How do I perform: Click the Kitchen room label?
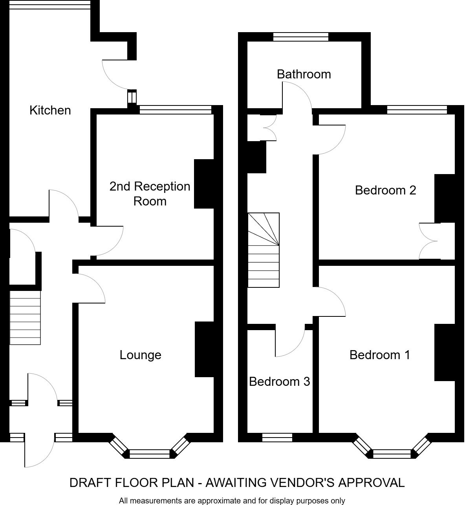point(50,110)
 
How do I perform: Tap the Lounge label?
point(140,355)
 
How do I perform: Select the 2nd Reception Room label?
point(150,194)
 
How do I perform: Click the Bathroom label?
point(304,74)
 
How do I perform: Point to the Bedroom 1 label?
point(379,355)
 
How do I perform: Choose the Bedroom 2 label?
point(385,190)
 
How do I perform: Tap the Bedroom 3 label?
point(279,381)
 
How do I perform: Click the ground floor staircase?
point(25,318)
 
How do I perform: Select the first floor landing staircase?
point(264,250)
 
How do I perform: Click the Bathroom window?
point(301,37)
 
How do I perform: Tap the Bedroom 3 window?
point(277,438)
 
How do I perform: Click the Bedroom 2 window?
point(417,110)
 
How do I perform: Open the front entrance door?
point(39,451)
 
